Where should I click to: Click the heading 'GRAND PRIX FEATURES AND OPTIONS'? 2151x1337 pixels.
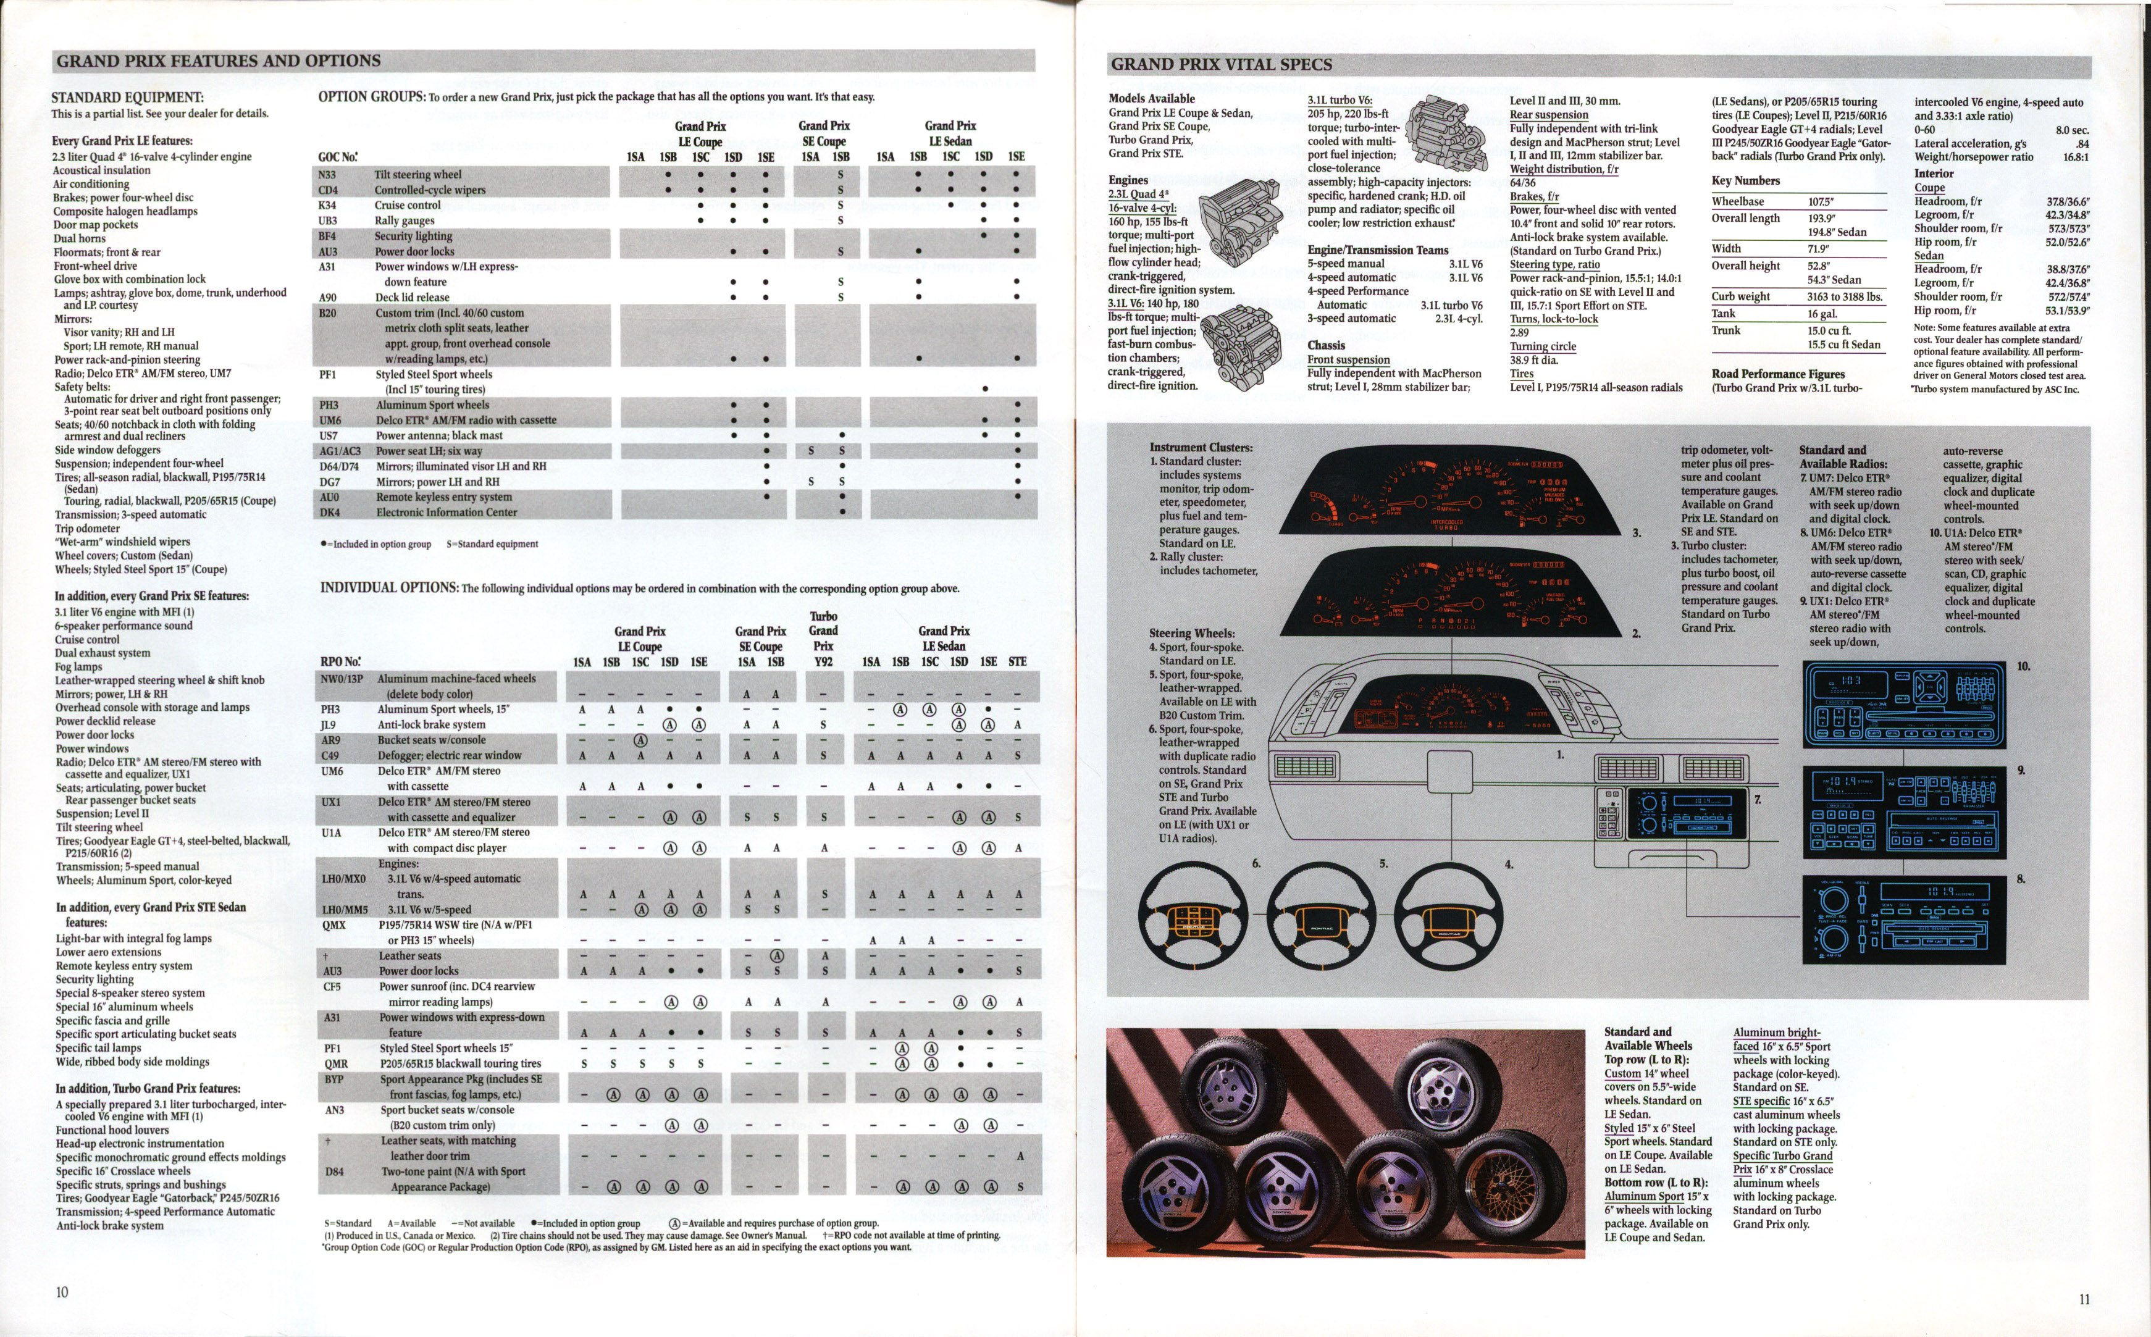click(219, 61)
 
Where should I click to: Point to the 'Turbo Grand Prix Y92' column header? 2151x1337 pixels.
click(823, 639)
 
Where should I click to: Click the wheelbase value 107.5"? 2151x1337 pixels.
click(1821, 201)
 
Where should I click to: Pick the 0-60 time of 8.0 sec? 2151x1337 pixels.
click(2071, 130)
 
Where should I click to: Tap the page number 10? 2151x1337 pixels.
click(62, 1292)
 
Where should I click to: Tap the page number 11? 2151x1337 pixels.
click(2085, 1299)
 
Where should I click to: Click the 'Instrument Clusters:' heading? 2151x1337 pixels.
click(1201, 448)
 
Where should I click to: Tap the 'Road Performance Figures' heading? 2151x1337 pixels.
click(1778, 374)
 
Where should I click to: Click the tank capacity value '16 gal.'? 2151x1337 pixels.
click(1822, 314)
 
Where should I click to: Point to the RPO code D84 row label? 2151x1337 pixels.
click(334, 1171)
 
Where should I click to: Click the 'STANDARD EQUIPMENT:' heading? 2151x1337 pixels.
click(127, 98)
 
